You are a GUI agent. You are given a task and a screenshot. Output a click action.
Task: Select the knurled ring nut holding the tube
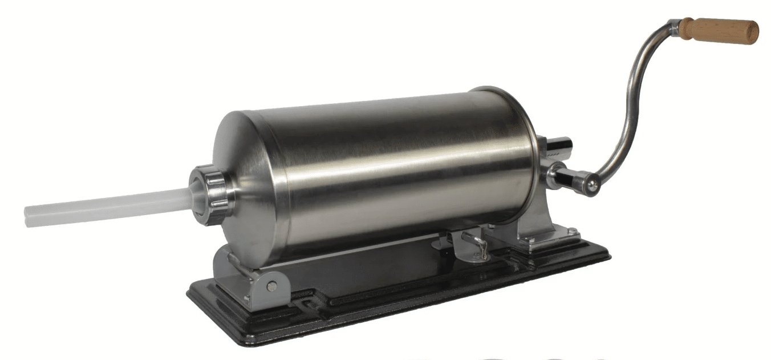(x=211, y=194)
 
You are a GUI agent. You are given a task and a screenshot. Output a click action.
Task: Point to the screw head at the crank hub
(x=593, y=184)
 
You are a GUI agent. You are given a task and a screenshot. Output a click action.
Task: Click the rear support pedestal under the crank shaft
(x=536, y=228)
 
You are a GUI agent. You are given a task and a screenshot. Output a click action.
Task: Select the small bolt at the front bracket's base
(x=247, y=298)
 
